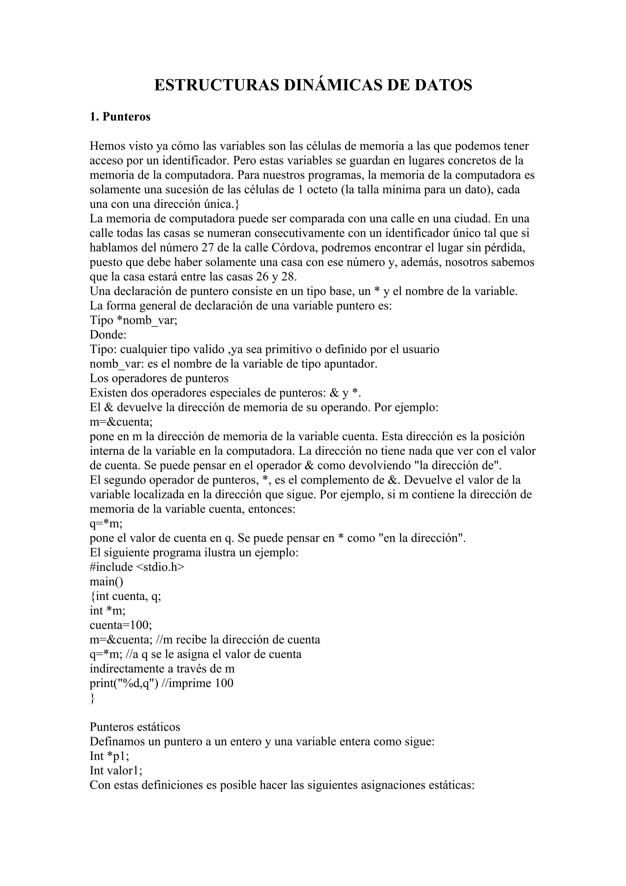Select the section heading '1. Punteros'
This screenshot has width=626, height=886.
pos(120,116)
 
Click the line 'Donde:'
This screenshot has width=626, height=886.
pos(108,334)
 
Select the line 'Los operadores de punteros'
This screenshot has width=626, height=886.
pos(159,378)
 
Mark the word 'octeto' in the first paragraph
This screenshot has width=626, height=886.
pos(321,190)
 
